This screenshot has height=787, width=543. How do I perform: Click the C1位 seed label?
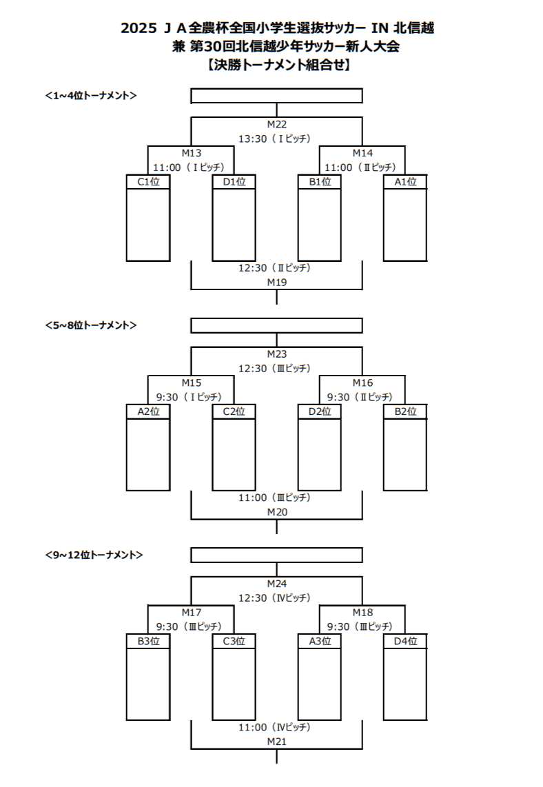coord(148,182)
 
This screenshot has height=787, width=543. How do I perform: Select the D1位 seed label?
coord(234,182)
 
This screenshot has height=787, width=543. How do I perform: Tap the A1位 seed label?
coord(405,182)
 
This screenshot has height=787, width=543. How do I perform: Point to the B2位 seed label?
coord(405,411)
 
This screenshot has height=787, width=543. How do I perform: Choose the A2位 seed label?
coord(148,411)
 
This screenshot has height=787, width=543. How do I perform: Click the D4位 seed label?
coord(405,641)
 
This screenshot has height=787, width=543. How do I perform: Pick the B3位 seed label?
coord(148,641)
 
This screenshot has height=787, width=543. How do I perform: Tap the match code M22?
coord(276,124)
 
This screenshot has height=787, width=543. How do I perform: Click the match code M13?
coord(192,153)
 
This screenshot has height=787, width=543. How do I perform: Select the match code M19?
coord(276,282)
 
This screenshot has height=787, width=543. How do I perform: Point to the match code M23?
coord(276,354)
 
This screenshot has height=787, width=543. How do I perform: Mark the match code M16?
coord(362,382)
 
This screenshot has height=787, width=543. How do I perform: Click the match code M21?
coord(276,741)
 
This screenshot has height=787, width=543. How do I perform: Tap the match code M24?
coord(276,583)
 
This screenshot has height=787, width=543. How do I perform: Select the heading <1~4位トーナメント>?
coord(90,95)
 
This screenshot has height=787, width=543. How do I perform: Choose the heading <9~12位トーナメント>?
coord(94,554)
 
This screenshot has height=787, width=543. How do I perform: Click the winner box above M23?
coord(276,325)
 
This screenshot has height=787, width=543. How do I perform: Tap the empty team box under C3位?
coord(234,685)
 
